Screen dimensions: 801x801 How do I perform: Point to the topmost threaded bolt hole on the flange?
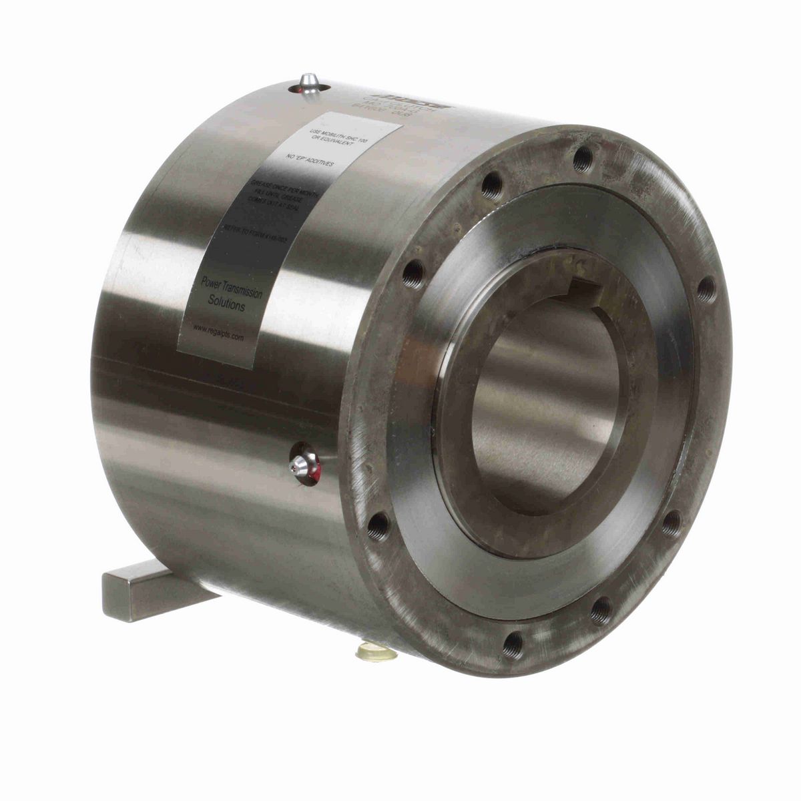pyautogui.click(x=583, y=159)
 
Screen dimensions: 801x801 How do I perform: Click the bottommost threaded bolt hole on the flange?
pyautogui.click(x=513, y=645)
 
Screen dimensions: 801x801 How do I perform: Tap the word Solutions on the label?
pyautogui.click(x=226, y=304)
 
